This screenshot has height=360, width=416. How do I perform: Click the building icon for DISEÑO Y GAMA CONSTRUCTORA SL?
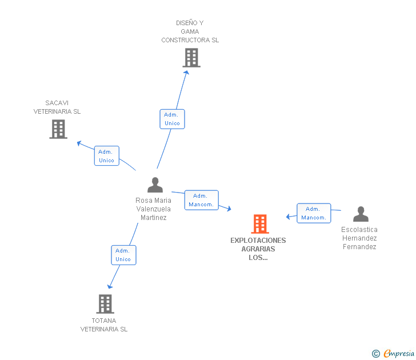[191, 58]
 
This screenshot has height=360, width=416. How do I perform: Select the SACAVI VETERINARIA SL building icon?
[58, 129]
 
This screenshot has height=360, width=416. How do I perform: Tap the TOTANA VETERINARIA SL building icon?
[105, 304]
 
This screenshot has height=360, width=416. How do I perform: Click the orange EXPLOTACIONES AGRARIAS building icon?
[260, 224]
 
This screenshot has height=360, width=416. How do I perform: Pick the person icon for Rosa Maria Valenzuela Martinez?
[155, 185]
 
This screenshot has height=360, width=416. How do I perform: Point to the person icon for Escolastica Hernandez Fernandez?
[361, 214]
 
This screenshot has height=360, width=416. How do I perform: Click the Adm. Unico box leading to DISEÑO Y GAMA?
[172, 119]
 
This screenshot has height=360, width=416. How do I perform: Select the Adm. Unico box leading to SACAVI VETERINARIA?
[107, 156]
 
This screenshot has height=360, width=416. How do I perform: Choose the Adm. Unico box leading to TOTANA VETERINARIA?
[123, 255]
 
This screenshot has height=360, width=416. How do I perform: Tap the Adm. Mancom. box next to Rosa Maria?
[202, 200]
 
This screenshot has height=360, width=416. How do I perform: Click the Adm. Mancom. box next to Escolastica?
[314, 213]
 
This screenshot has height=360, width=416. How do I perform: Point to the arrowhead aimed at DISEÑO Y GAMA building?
[187, 73]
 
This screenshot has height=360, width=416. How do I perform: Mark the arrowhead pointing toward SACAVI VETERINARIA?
[79, 143]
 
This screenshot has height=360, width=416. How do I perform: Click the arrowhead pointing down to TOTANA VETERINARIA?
[110, 286]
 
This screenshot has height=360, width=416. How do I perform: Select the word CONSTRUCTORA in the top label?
[186, 40]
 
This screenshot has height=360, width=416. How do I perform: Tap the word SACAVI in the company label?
[57, 103]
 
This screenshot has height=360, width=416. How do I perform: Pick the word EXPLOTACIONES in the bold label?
[258, 241]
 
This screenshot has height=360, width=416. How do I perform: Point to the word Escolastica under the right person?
[359, 230]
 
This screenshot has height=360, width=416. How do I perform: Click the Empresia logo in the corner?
[393, 353]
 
